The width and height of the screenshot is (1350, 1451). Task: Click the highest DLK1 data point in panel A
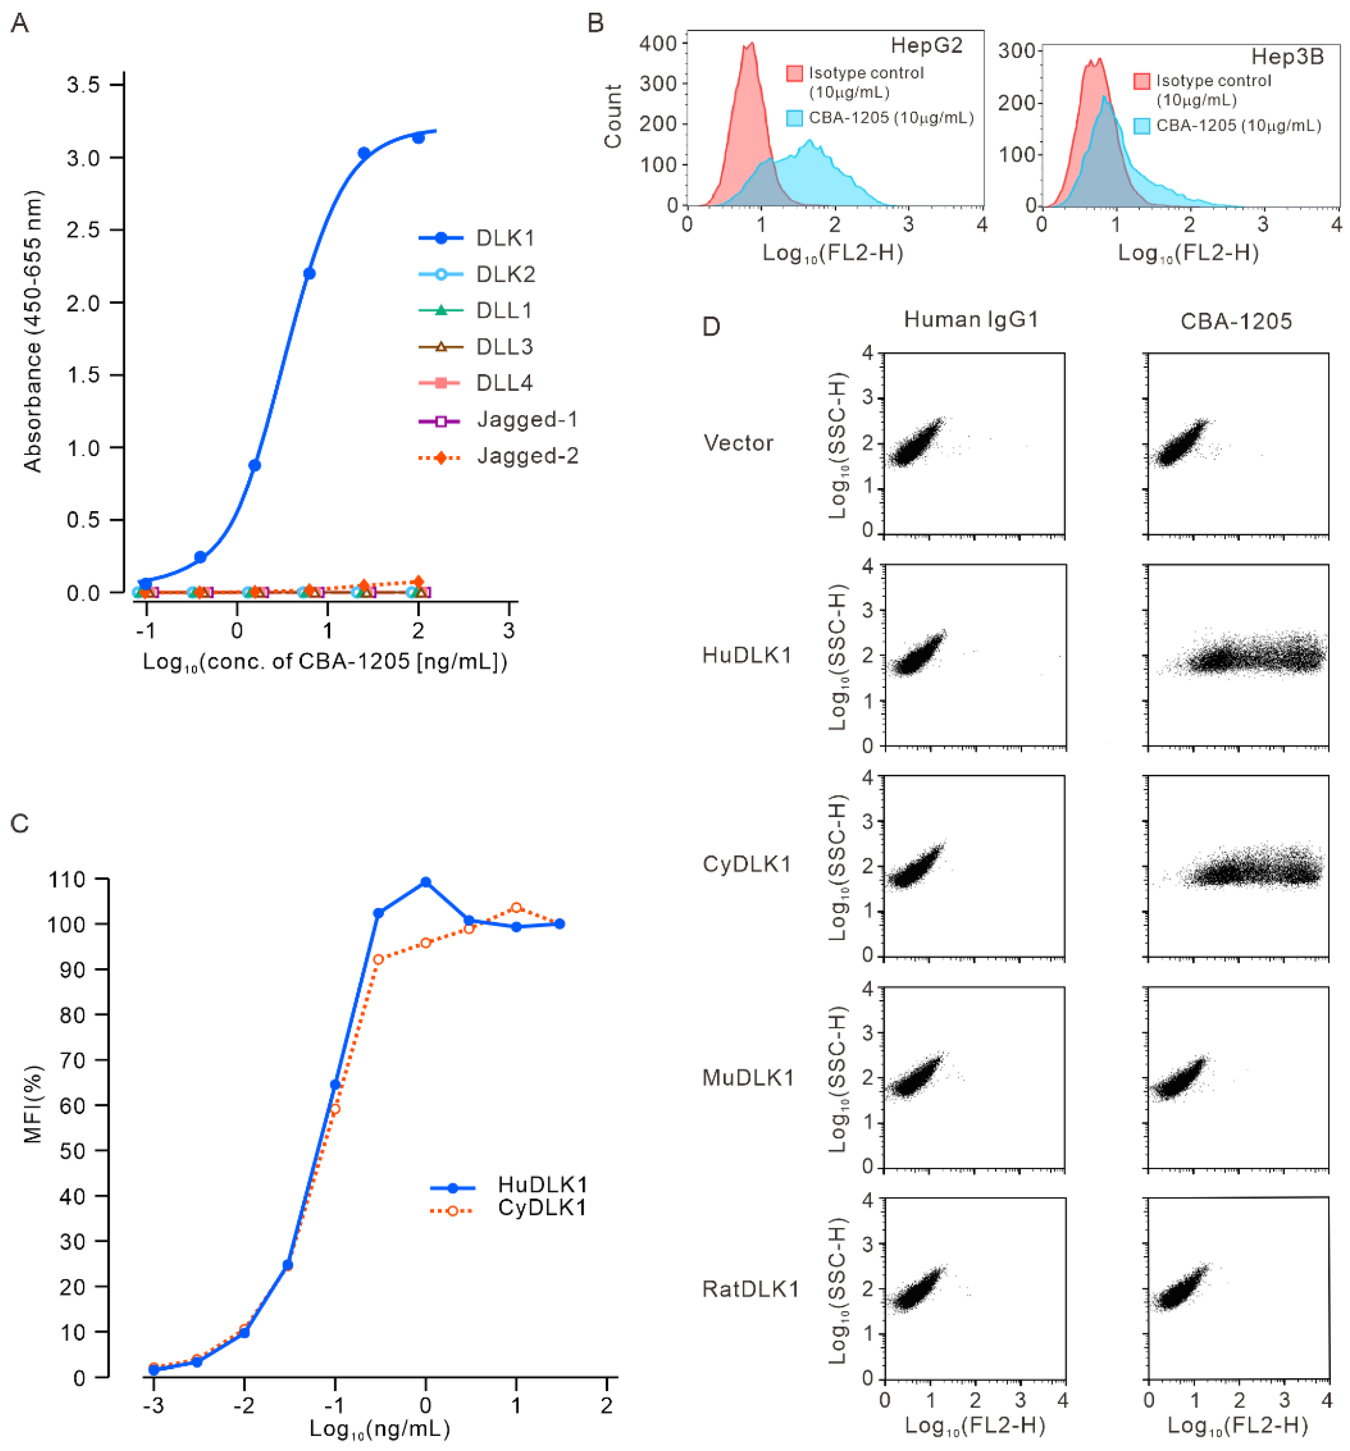[418, 137]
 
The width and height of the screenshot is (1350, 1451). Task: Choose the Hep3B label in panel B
[1287, 57]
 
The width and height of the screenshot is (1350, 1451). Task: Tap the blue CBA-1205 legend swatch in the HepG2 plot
[795, 118]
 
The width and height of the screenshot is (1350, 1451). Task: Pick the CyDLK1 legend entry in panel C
[541, 1208]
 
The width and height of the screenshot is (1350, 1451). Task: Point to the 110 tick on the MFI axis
[67, 879]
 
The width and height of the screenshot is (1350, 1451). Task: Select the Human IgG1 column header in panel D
[971, 320]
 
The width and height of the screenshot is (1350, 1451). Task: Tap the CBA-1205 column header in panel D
[1236, 321]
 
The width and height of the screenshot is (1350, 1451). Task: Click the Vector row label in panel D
[738, 443]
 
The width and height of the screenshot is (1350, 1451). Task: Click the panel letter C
[20, 823]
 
